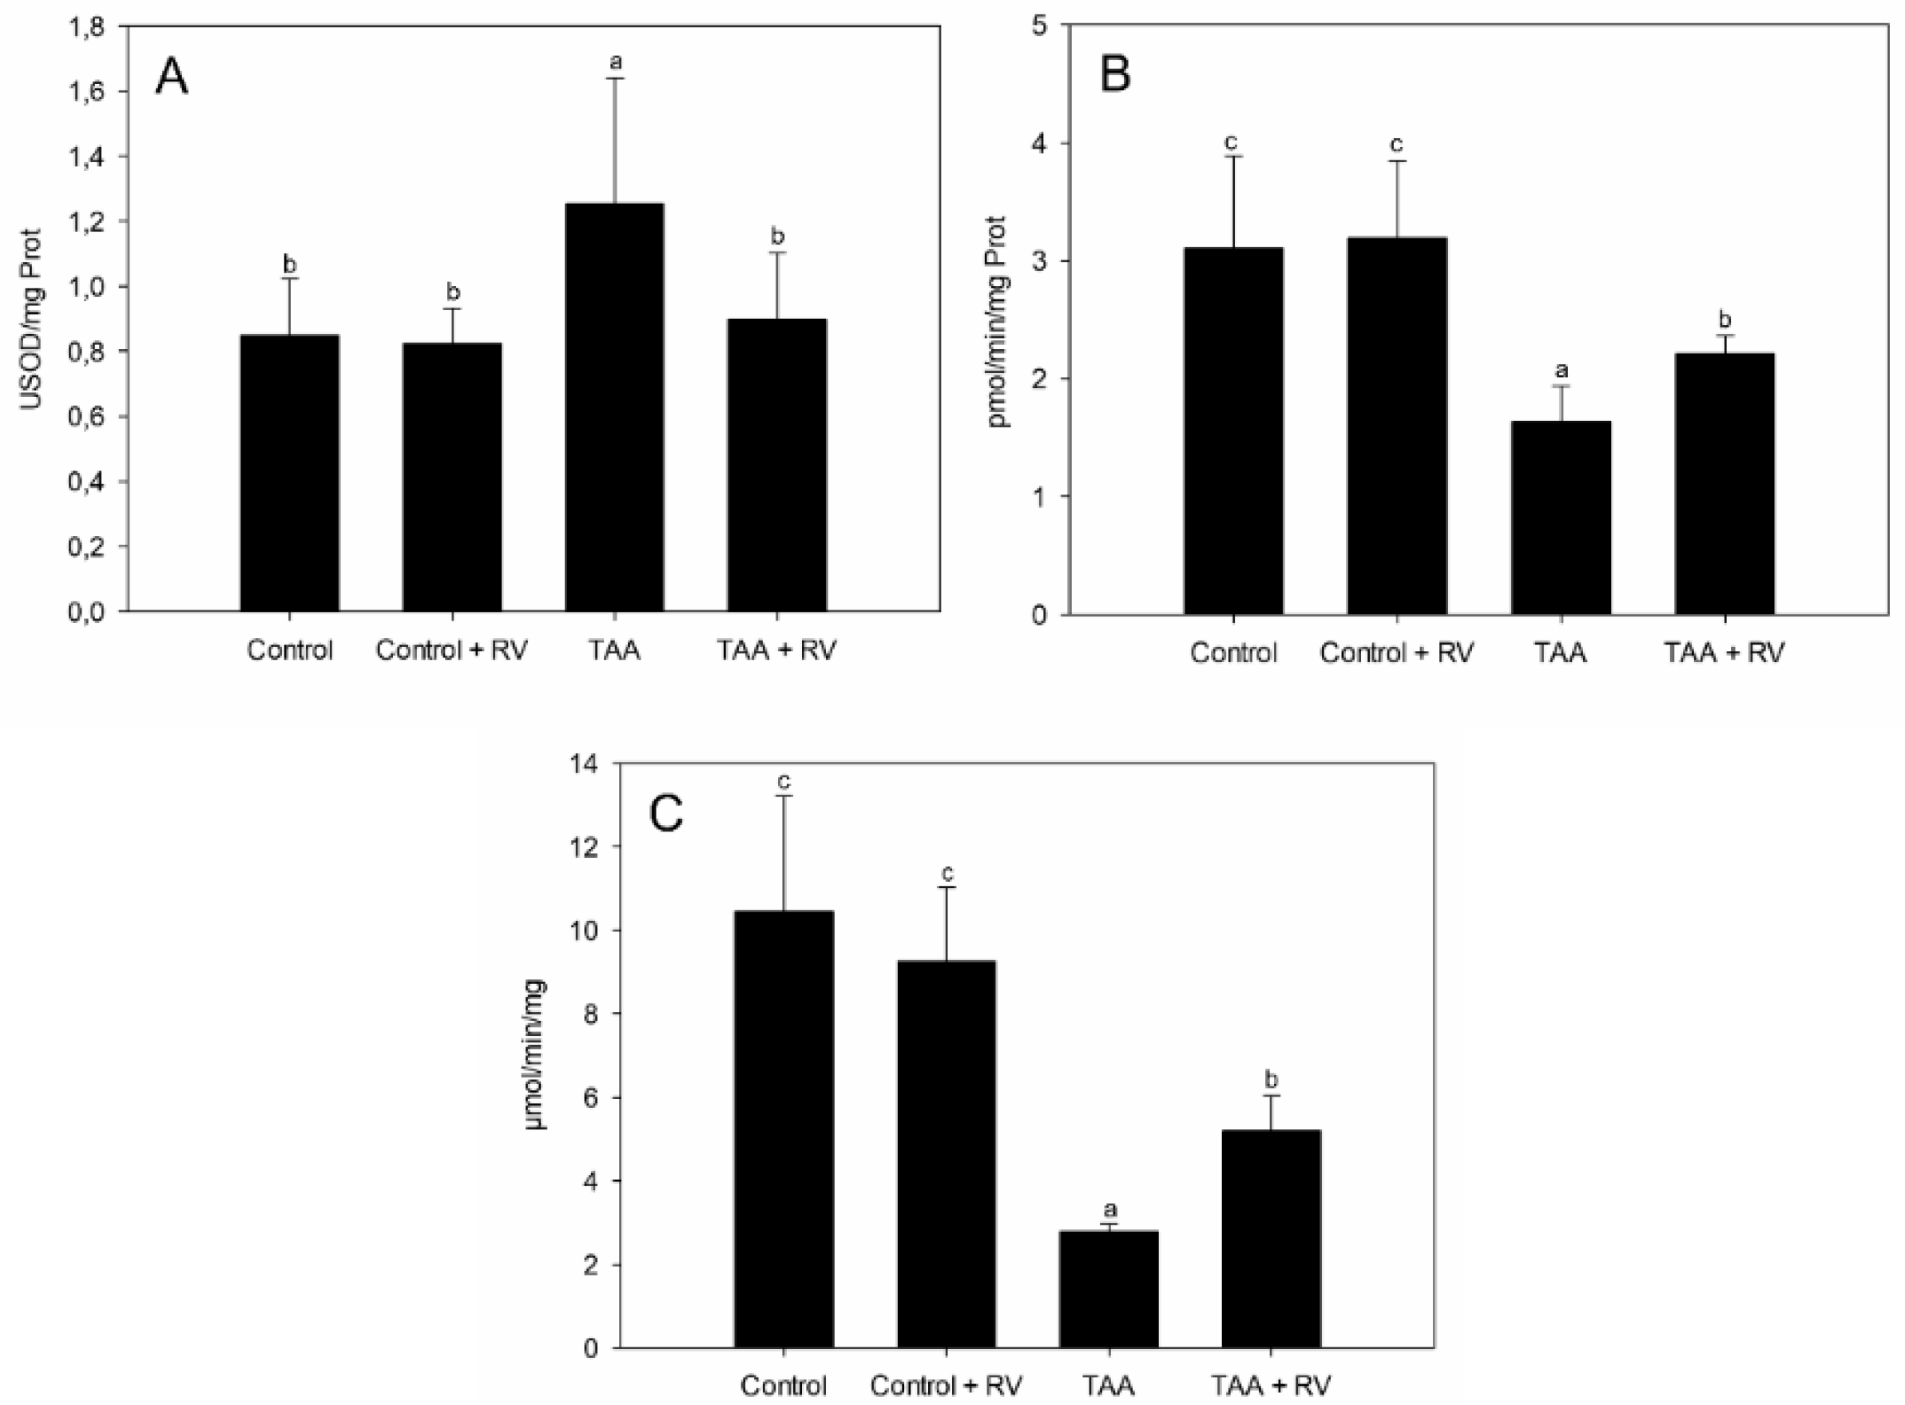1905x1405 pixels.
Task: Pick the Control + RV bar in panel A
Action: [x=451, y=476]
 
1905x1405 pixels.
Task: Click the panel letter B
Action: [x=1115, y=74]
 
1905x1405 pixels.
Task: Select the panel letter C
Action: [x=666, y=815]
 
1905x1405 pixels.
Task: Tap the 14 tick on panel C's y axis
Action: [x=590, y=764]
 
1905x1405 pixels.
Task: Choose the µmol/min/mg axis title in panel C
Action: [x=538, y=1054]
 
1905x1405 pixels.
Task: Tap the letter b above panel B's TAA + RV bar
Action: [x=1724, y=319]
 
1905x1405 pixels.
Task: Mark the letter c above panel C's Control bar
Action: [x=784, y=780]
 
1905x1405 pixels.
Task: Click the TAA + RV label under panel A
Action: [x=776, y=652]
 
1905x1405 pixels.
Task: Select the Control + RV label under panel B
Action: [x=1396, y=653]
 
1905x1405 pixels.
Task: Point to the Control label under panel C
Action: [x=784, y=1386]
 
